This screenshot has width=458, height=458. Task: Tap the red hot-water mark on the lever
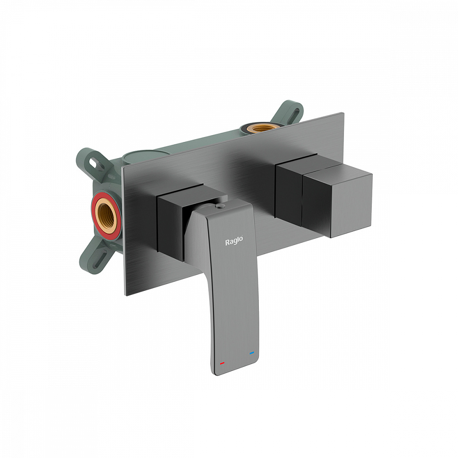coord(222,364)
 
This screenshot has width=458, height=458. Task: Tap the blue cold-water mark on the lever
coord(252,353)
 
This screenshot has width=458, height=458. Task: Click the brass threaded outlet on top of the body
coord(262,128)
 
